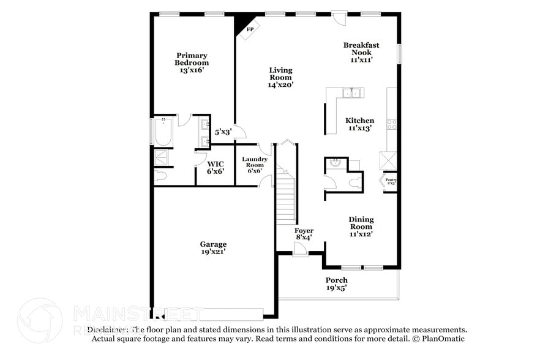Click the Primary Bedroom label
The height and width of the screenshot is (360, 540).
coord(192,62)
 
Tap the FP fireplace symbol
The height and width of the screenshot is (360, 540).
coord(249,29)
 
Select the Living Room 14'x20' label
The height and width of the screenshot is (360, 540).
coord(280,78)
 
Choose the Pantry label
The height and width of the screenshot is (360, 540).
coord(391,181)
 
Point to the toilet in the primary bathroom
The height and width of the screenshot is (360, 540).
coord(160,177)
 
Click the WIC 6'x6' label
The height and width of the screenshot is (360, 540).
coord(215,168)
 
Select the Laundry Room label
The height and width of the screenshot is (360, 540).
coord(254,164)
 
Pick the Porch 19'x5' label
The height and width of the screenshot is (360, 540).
coord(336,284)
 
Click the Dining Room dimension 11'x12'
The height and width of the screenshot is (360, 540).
coord(361,233)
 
